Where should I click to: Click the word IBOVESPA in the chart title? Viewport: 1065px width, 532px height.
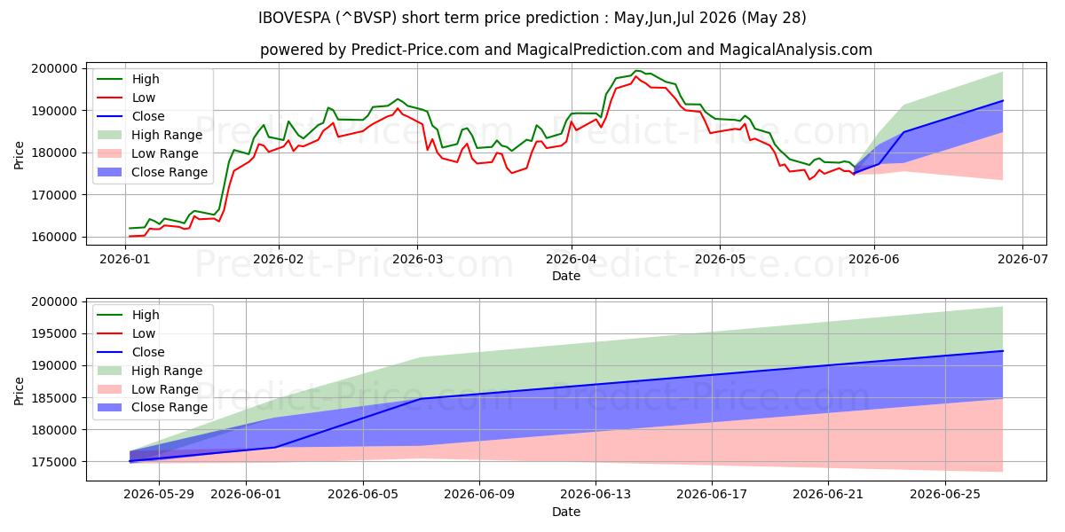click(x=295, y=18)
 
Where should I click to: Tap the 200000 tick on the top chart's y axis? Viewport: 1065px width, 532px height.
click(x=54, y=69)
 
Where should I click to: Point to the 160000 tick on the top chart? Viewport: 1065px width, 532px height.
click(x=54, y=237)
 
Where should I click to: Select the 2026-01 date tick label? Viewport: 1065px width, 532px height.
click(x=124, y=259)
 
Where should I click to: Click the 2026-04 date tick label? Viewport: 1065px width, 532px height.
click(x=571, y=259)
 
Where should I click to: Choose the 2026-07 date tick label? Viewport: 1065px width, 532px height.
click(x=1022, y=259)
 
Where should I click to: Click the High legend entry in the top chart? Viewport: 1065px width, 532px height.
click(x=146, y=79)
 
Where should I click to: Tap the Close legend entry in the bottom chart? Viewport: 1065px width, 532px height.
click(x=148, y=352)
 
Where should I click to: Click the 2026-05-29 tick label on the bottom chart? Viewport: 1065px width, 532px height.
click(x=159, y=495)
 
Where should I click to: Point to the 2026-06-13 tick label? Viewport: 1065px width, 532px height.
click(x=596, y=495)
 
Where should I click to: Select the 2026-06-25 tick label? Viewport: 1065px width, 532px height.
click(x=945, y=495)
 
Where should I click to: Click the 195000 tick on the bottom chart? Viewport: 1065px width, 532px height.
click(x=54, y=334)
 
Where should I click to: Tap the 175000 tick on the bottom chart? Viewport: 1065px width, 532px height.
click(x=54, y=462)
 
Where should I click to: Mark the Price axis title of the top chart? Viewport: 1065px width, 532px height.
click(x=19, y=155)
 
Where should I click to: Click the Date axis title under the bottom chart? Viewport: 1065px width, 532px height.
click(x=566, y=512)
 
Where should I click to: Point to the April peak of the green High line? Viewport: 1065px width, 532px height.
click(x=636, y=71)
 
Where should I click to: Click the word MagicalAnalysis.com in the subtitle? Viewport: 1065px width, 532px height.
click(x=795, y=50)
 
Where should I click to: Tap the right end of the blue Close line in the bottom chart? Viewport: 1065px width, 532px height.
click(x=1003, y=351)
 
